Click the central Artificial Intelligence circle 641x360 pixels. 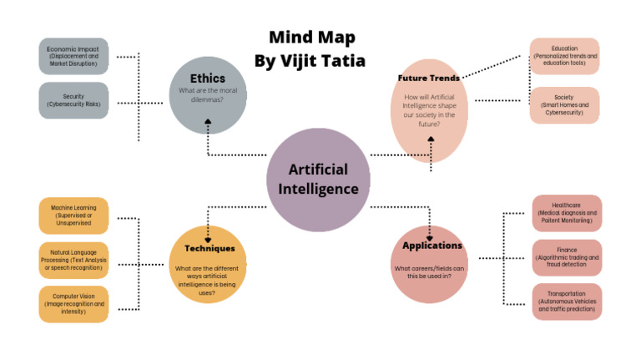[x=318, y=180]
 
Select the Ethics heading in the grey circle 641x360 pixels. [x=207, y=79]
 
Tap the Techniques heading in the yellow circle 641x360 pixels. [x=209, y=248]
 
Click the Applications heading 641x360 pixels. [x=432, y=246]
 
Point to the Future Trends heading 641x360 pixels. [x=428, y=78]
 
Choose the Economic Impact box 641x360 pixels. [x=73, y=56]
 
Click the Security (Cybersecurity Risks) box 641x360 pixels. [x=73, y=101]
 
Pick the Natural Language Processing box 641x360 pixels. [x=73, y=260]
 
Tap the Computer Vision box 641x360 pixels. [x=73, y=304]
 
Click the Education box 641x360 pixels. [x=564, y=56]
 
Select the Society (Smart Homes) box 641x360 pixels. [x=564, y=105]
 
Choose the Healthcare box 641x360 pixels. [x=568, y=213]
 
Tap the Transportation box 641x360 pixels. [x=568, y=302]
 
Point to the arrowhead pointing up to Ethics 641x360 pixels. [x=208, y=123]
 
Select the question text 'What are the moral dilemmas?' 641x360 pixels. [x=207, y=95]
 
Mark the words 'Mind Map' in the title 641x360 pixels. [x=311, y=37]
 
